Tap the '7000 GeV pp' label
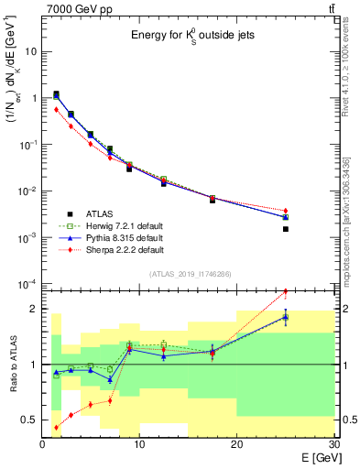72,8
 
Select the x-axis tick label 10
139,445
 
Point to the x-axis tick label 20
237,445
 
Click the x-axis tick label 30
333,445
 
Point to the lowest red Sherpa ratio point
56,428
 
